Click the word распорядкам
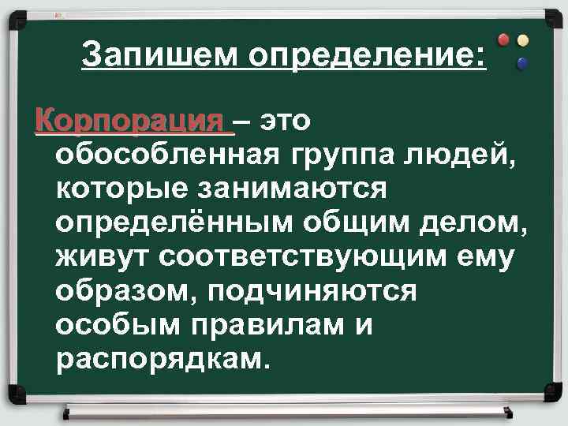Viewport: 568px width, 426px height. pos(163,358)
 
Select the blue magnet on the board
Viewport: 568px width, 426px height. pos(521,63)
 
